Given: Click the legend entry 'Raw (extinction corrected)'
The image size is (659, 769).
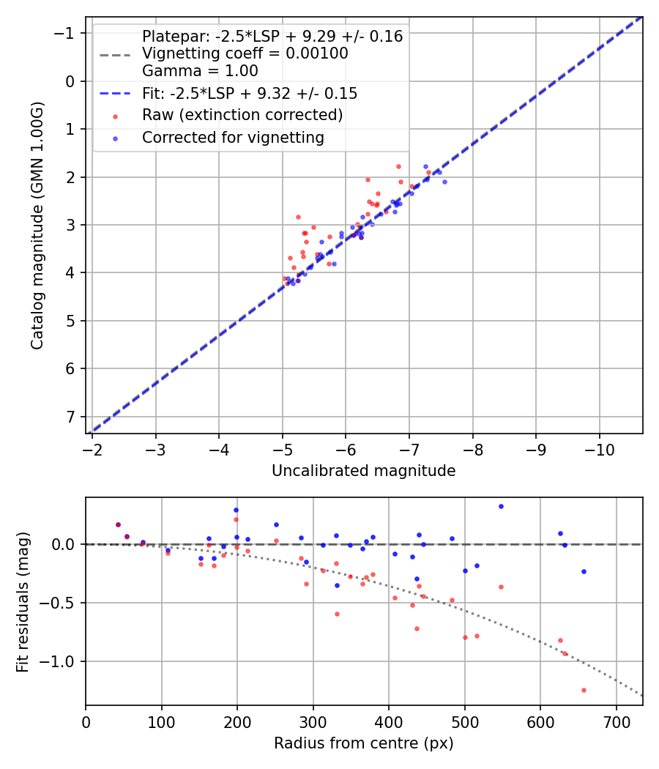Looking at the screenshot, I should [x=242, y=115].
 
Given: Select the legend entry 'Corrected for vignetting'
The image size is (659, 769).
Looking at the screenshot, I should [x=233, y=137].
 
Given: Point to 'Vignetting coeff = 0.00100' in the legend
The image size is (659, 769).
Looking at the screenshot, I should [x=245, y=53].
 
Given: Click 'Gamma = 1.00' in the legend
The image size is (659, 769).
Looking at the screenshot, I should [x=200, y=71].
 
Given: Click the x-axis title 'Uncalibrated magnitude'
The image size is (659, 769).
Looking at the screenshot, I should [x=363, y=471].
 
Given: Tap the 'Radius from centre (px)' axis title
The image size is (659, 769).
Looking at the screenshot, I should [x=363, y=743].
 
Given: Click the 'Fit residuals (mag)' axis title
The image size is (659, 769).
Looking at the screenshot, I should [x=23, y=602].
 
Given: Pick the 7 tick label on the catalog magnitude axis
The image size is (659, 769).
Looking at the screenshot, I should [x=70, y=417].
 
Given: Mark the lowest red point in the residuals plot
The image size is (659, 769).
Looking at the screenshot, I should [x=584, y=690].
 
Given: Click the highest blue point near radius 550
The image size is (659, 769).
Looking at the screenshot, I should [x=501, y=506].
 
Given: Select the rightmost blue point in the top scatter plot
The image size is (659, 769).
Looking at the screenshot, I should [x=444, y=182].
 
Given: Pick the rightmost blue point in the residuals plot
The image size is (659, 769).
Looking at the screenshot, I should [x=584, y=571].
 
